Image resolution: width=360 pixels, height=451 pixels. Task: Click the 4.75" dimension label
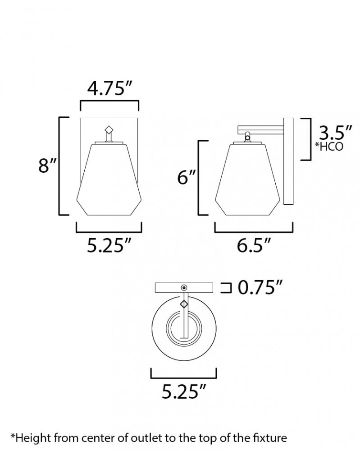[109, 88]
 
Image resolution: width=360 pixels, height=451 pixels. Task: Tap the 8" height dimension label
[47, 166]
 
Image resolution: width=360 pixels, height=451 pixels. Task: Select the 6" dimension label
[187, 177]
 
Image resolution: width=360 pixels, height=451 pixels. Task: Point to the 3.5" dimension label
[335, 133]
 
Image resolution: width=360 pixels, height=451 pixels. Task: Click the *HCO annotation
[329, 147]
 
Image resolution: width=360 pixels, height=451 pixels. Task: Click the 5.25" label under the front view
[109, 246]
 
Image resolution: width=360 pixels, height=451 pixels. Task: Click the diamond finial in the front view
[109, 129]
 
